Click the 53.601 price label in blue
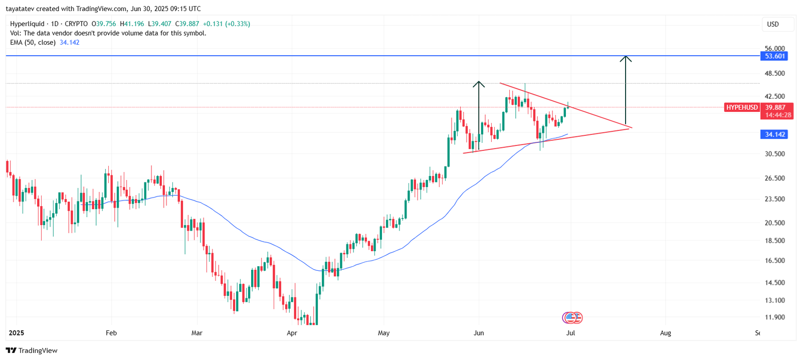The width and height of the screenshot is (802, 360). (774, 56)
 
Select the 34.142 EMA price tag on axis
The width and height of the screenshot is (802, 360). (774, 134)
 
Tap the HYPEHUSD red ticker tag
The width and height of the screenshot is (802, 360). (742, 107)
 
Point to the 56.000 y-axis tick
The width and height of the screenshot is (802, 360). (774, 49)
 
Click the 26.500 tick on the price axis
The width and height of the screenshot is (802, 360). (774, 178)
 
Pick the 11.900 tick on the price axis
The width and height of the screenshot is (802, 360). (774, 317)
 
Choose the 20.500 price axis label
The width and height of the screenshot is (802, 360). (774, 223)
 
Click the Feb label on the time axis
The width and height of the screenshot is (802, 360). (111, 333)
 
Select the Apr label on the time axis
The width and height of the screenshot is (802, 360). (292, 333)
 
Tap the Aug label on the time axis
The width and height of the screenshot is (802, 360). (665, 333)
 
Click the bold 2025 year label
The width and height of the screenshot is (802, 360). (17, 333)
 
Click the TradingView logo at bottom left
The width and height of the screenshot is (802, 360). (32, 350)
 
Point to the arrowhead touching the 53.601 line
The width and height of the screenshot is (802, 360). (626, 58)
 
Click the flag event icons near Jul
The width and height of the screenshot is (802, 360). (572, 317)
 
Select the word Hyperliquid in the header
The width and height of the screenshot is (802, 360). (26, 24)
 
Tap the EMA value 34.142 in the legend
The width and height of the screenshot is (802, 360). (70, 43)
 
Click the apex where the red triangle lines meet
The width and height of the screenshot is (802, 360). (631, 128)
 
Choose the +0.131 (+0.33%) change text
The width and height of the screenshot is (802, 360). (226, 24)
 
